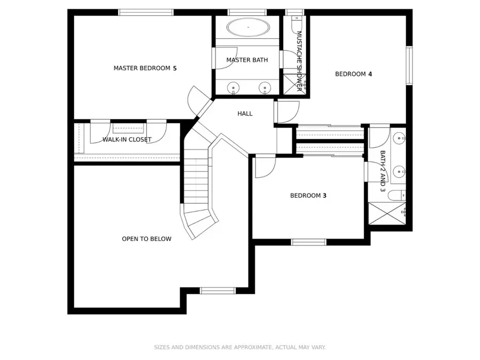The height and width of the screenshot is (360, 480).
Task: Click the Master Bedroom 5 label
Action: click(145, 68)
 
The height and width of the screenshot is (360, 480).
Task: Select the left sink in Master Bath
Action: click(233, 87)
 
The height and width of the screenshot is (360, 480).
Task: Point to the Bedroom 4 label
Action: click(353, 74)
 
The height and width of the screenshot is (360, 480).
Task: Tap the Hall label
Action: click(245, 114)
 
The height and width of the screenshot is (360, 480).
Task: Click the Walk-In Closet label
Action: click(127, 140)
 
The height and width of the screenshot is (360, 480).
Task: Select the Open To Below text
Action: click(147, 239)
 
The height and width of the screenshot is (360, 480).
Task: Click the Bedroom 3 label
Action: click(308, 196)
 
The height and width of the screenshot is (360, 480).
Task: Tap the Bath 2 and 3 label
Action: click(382, 171)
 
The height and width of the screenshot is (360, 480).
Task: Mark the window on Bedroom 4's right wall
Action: click(409, 65)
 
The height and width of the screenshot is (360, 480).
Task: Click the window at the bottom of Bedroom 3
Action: click(308, 242)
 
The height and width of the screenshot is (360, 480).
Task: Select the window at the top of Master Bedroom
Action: click(146, 12)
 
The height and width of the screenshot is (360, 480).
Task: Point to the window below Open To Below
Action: click(217, 291)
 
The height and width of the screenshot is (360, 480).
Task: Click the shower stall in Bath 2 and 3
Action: click(387, 213)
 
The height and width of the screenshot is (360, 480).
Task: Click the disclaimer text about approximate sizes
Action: click(239, 347)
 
